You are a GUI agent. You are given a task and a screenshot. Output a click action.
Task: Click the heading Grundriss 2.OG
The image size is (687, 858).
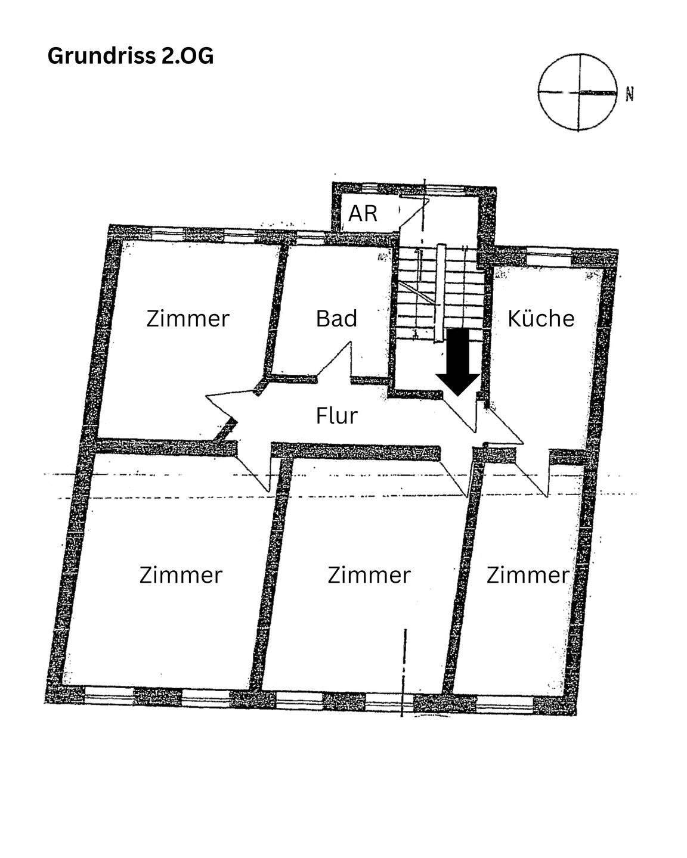(x=130, y=56)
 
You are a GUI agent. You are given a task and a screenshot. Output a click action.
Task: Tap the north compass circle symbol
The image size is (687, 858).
(x=577, y=93)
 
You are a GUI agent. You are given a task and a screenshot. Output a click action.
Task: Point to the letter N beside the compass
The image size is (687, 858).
(x=629, y=94)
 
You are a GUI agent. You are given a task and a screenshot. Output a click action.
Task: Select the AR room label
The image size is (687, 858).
(x=363, y=213)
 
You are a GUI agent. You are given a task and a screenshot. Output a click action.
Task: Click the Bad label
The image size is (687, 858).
(x=336, y=318)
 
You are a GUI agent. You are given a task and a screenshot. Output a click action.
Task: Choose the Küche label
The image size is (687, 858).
(x=540, y=318)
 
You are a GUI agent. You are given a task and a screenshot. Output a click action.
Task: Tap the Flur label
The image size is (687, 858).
(x=336, y=415)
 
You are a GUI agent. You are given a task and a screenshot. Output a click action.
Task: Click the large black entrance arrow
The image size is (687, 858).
(x=457, y=362)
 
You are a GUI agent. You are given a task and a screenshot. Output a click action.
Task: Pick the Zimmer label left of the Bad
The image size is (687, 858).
(x=187, y=318)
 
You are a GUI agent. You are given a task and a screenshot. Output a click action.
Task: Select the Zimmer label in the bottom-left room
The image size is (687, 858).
(x=181, y=575)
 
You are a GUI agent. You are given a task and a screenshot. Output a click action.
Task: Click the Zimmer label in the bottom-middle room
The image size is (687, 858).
(x=369, y=575)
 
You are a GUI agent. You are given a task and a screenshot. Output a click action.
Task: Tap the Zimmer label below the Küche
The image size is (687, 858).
(x=528, y=575)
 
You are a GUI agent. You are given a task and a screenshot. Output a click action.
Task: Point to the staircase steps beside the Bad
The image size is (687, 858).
(x=439, y=292)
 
